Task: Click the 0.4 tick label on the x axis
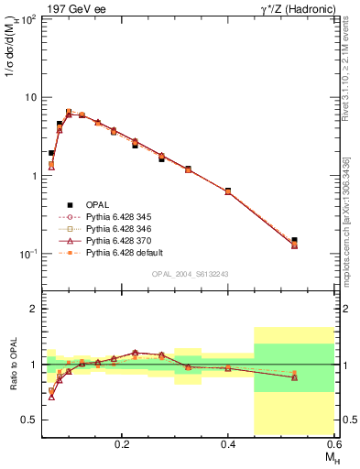click(x=228, y=442)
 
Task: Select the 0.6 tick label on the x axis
click(x=334, y=442)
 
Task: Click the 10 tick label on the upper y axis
click(x=29, y=97)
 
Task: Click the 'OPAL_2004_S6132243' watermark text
click(x=189, y=274)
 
